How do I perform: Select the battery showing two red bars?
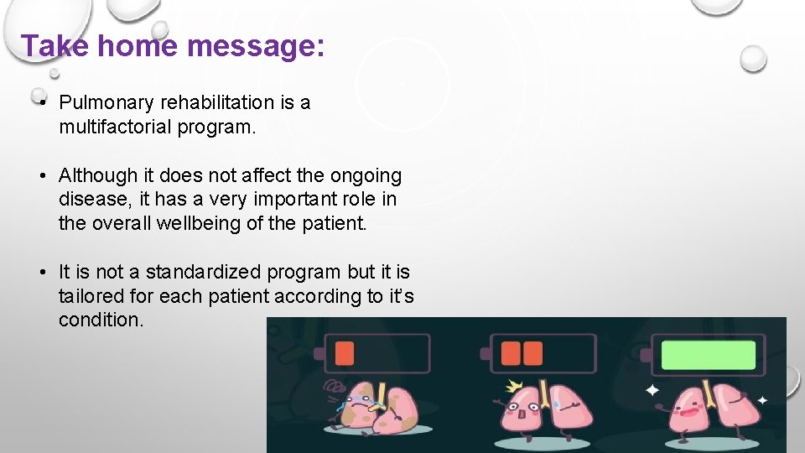coord(543,353)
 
